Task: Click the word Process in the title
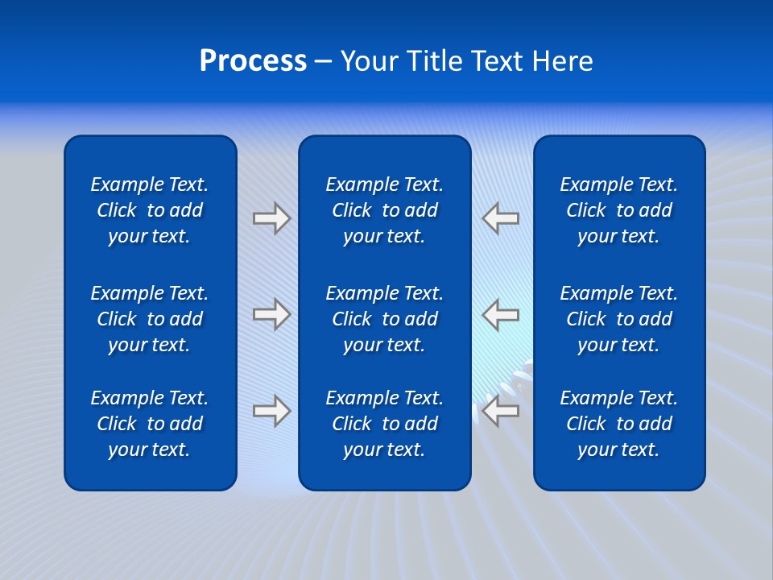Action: [x=253, y=61]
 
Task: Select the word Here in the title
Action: [x=561, y=61]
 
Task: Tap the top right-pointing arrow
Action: [x=271, y=218]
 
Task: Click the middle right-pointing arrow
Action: [x=271, y=314]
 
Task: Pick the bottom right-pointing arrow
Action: [x=271, y=411]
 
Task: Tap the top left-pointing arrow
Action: [x=501, y=218]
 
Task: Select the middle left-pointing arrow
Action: [x=501, y=314]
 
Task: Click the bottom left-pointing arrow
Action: [x=501, y=411]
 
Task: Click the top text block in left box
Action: [x=150, y=210]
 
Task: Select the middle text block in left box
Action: [x=150, y=319]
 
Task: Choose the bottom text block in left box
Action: [x=150, y=424]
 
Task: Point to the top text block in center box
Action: [x=384, y=210]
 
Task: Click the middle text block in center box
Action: [x=384, y=319]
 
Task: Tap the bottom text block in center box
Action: [x=384, y=424]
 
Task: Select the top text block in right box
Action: [x=618, y=210]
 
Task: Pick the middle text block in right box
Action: [x=618, y=319]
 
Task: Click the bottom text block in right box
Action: [x=618, y=424]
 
